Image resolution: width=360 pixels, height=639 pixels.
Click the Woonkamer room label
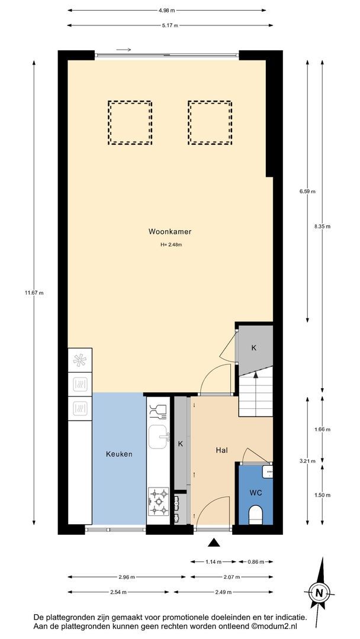(x=169, y=232)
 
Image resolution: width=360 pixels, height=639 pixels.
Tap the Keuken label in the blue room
(x=119, y=454)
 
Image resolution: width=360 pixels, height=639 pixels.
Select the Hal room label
(x=221, y=450)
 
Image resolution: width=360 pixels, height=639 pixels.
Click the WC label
(x=255, y=492)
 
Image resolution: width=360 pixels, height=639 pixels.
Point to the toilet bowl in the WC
(x=255, y=514)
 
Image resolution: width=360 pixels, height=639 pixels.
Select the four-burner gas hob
(x=159, y=501)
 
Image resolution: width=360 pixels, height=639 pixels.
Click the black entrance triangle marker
(x=214, y=542)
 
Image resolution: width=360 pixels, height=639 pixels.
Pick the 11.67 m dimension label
(x=34, y=292)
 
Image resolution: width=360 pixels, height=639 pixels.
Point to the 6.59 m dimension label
(x=307, y=191)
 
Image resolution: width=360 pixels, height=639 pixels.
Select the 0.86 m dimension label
(x=255, y=561)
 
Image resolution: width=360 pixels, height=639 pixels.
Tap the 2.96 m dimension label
(x=126, y=577)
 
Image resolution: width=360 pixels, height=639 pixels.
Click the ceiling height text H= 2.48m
(x=171, y=245)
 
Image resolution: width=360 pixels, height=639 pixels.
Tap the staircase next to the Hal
(x=256, y=394)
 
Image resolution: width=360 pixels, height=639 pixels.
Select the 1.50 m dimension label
(x=323, y=495)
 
